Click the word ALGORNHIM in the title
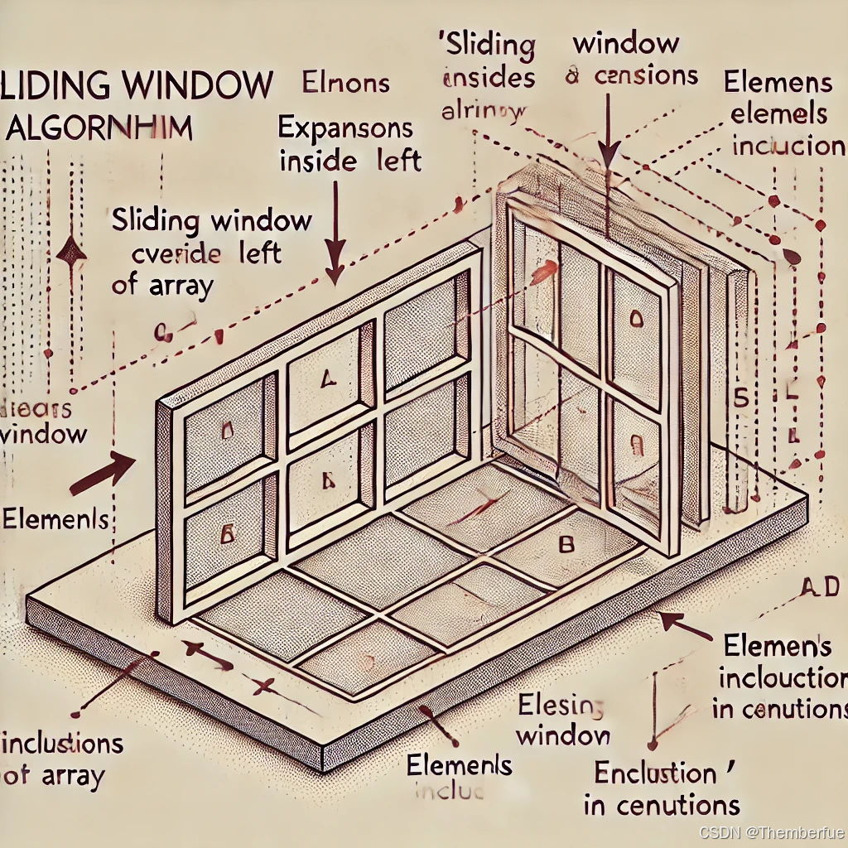point(99,129)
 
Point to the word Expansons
point(345,128)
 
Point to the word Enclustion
point(655,774)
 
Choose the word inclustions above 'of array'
point(65,743)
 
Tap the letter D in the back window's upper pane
point(636,317)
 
